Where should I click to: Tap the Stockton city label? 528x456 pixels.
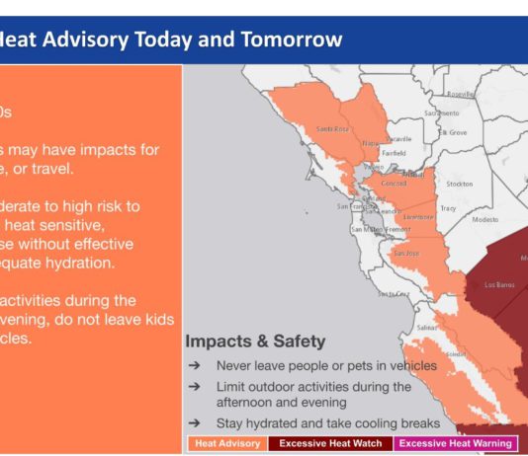(x=459, y=184)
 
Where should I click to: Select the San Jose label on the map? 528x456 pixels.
(x=407, y=253)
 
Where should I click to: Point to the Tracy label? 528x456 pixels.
(x=447, y=207)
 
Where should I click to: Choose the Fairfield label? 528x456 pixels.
(x=396, y=153)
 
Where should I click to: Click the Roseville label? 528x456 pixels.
(x=460, y=95)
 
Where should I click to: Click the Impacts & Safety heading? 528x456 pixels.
(x=254, y=342)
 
